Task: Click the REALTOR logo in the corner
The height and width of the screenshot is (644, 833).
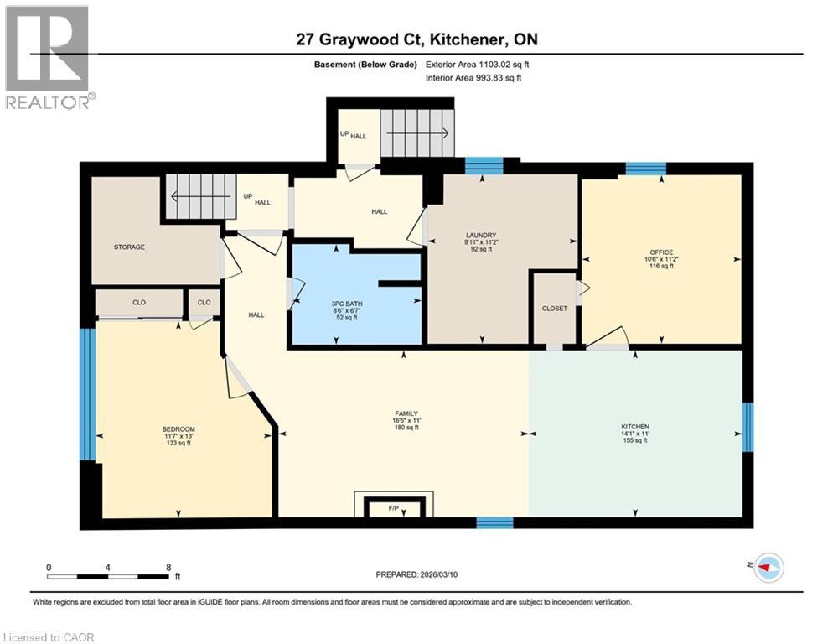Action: coord(49,56)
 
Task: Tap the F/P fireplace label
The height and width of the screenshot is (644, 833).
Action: coord(393,508)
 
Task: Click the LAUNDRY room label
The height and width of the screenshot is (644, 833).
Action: coord(482,235)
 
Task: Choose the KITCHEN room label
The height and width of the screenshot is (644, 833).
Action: coord(634,427)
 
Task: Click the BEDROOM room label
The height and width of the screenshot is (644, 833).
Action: coord(177,429)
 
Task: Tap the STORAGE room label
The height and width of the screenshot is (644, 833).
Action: coord(130,247)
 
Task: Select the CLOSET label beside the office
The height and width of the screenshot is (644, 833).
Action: coord(554,309)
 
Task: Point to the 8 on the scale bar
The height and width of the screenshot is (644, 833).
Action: coord(168,568)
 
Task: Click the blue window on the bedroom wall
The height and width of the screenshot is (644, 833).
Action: coord(86,393)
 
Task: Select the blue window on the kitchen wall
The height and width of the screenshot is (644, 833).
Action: coord(748,426)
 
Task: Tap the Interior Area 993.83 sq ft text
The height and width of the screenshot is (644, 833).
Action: coord(473,77)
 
